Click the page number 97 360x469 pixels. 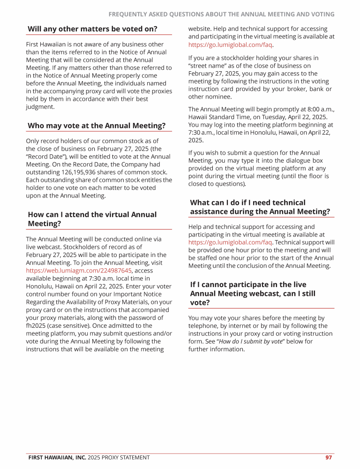point(329,457)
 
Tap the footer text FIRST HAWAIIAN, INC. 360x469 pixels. point(57,457)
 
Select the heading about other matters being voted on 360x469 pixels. point(92,29)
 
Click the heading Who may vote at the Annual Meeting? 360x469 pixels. point(96,126)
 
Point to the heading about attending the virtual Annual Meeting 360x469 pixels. point(92,219)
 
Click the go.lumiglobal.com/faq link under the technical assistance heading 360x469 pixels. point(230,242)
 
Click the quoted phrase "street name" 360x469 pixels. point(205,66)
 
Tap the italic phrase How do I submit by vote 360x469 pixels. point(251,341)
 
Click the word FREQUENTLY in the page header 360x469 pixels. point(130,15)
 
